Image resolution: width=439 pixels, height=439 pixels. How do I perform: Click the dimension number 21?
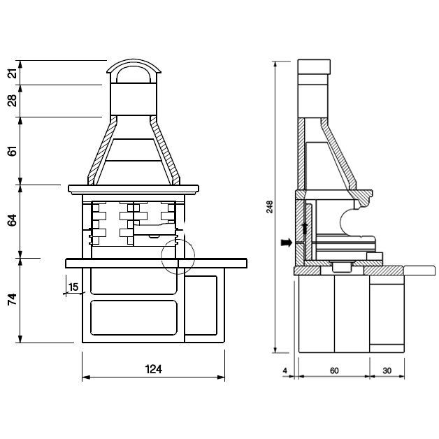13,73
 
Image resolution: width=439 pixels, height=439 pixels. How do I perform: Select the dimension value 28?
13,101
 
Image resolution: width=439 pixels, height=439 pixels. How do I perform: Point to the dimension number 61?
13,150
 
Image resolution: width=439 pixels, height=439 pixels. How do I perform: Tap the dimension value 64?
13,220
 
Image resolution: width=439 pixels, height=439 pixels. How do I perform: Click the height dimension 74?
13,300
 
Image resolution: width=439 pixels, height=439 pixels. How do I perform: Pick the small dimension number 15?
73,287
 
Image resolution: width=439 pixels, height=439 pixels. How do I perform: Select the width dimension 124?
153,369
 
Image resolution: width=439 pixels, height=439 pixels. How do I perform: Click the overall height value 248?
269,207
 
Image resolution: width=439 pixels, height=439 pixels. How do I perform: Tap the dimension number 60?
334,370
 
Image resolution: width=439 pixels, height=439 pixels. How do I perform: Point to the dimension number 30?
387,370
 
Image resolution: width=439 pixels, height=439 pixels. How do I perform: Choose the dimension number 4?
285,370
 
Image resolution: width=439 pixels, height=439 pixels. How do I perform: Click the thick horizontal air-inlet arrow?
287,243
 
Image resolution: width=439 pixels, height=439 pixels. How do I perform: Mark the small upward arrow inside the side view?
305,229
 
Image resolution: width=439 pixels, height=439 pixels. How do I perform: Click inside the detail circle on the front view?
178,256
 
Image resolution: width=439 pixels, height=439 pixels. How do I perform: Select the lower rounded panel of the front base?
134,318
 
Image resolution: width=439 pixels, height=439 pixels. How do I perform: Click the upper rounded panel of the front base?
134,282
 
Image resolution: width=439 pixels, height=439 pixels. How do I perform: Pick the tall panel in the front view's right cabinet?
201,305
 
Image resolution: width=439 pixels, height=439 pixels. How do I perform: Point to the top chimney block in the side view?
314,67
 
